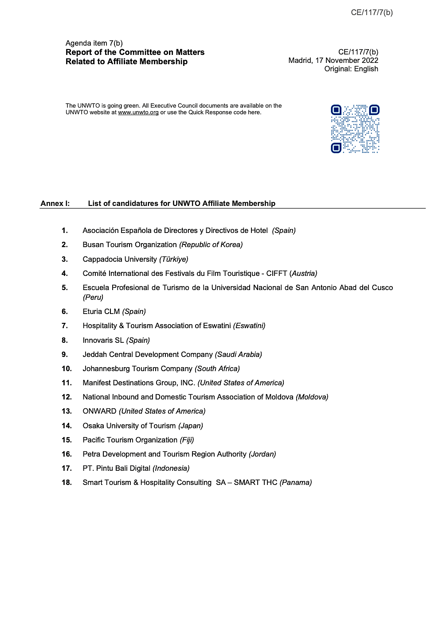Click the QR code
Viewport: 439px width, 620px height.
tap(355, 129)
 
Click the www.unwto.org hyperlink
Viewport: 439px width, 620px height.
tap(138, 112)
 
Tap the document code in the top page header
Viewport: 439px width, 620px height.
tap(372, 12)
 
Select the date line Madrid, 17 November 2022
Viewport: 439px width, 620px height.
tap(333, 60)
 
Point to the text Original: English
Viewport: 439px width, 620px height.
tap(351, 69)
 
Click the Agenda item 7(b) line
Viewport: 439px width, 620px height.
tap(94, 43)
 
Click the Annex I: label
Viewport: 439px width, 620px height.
tap(55, 203)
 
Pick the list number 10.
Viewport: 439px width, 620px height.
tap(67, 368)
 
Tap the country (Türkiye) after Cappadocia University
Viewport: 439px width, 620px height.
tap(173, 259)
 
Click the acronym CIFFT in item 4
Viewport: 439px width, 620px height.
tap(276, 273)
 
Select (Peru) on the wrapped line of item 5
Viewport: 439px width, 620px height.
tap(93, 297)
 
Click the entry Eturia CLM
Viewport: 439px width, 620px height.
tap(101, 311)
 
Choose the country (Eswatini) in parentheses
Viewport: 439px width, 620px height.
tap(249, 325)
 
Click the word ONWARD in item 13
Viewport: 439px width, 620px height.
tap(99, 411)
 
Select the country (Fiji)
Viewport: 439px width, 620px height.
tap(187, 440)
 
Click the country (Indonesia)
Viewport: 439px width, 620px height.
tap(171, 468)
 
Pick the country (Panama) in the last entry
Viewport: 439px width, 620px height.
tap(295, 482)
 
